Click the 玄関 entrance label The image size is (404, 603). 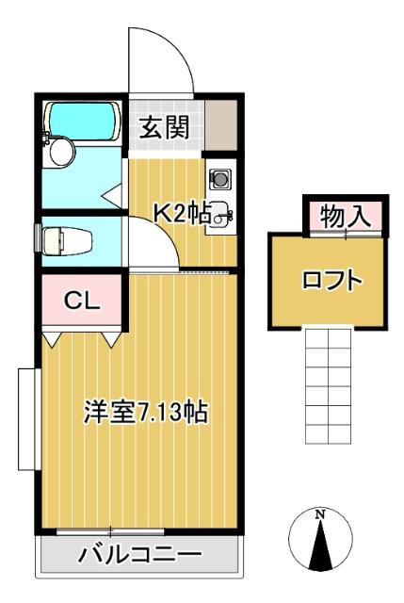click(x=166, y=128)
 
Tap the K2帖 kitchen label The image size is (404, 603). click(x=182, y=213)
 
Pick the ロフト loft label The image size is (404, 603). click(x=331, y=280)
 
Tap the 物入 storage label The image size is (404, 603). click(x=344, y=216)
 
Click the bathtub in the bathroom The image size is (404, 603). click(x=83, y=121)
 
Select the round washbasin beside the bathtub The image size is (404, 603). click(x=63, y=152)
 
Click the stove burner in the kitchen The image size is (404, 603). click(x=218, y=177)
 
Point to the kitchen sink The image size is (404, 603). click(x=219, y=213)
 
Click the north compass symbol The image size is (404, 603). click(x=320, y=539)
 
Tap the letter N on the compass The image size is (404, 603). click(x=320, y=514)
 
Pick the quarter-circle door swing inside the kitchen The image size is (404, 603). click(x=151, y=242)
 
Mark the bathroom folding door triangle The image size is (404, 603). click(x=113, y=196)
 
